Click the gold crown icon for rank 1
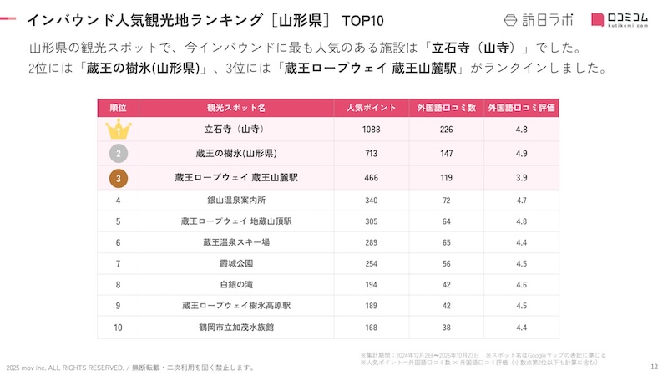coord(119,130)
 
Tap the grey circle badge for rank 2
coord(119,154)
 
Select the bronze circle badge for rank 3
coord(119,178)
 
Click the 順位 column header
coord(119,108)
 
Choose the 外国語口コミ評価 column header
coord(522,108)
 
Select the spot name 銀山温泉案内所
coord(236,201)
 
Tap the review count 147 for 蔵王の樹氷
coord(447,154)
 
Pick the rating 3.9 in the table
coord(522,178)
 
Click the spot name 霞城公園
coord(236,263)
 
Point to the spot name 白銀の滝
coord(236,284)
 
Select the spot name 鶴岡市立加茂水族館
coord(236,327)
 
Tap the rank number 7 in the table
coord(119,263)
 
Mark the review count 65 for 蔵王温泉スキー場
coord(447,242)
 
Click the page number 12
coord(654,366)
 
